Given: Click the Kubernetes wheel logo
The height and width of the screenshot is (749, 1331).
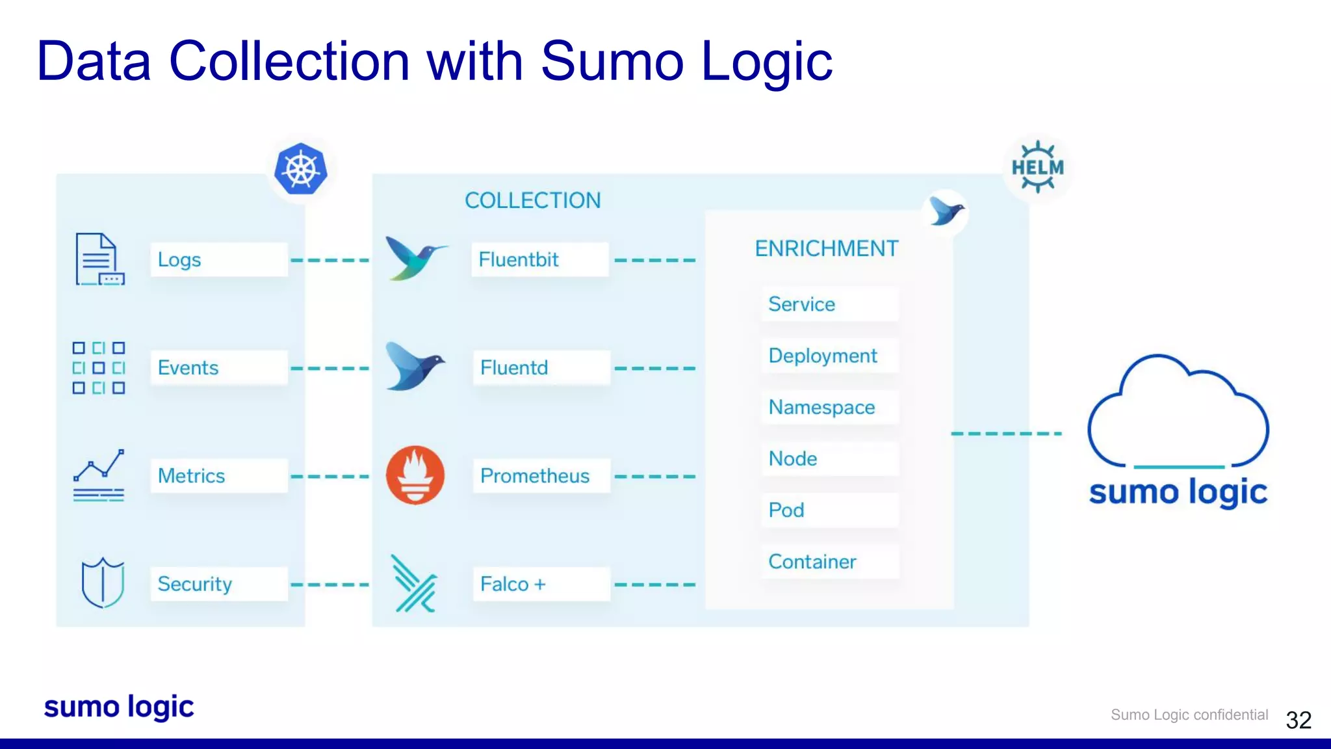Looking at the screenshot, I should [300, 169].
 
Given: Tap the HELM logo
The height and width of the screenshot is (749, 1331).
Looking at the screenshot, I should [1037, 168].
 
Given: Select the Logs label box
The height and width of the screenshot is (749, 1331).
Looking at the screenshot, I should [218, 259].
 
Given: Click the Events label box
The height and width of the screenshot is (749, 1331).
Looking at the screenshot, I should [218, 367].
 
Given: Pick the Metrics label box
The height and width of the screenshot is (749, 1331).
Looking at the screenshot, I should [218, 475].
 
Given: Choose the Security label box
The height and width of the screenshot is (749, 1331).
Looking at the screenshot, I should [218, 583].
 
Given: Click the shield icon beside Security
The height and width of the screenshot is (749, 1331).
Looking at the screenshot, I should [103, 582].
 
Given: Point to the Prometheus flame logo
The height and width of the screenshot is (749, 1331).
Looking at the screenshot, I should [415, 475].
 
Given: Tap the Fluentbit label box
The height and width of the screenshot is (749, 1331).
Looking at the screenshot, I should [539, 259].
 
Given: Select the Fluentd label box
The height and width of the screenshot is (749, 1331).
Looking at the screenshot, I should [541, 367].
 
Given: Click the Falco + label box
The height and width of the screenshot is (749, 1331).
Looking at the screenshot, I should [541, 583].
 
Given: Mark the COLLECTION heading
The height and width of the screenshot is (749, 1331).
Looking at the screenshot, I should [533, 200].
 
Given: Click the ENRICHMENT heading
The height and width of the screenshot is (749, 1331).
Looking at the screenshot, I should [827, 248].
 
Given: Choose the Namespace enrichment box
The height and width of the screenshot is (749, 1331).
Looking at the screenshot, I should [830, 407].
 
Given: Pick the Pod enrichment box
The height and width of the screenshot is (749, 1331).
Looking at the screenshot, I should [830, 510].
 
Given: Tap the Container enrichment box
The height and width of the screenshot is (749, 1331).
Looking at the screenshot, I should [830, 561].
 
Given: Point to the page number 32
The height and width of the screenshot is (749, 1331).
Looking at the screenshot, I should [1299, 720].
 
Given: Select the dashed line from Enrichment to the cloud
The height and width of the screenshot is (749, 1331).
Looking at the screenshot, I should [1006, 433].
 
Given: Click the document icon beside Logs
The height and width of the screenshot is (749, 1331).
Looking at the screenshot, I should [99, 259].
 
